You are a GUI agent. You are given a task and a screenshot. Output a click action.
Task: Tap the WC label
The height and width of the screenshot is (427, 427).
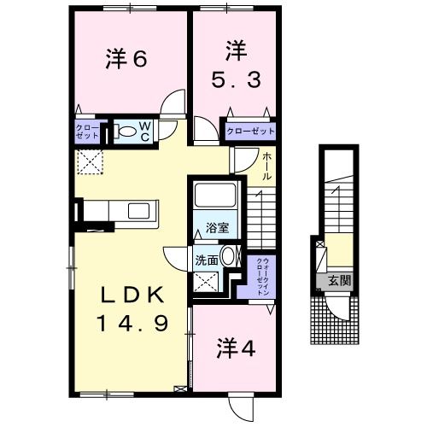pos(145,132)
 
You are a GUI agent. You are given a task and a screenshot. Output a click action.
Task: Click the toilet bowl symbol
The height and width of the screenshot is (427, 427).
pos(126,132)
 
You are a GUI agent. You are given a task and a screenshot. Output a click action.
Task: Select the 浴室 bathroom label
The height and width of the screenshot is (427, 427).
pos(216,228)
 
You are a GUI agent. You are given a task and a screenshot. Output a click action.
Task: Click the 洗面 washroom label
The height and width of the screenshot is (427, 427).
pos(206,260)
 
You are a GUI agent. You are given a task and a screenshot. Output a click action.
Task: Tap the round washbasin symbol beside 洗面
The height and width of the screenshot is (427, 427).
pos(228,257)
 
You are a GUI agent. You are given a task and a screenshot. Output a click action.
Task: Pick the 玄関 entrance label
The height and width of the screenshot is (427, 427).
pos(339,280)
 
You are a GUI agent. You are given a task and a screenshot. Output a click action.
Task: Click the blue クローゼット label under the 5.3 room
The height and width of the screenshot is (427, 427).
pos(249,131)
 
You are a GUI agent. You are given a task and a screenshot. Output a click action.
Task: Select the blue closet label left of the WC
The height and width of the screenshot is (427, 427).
pos(86,132)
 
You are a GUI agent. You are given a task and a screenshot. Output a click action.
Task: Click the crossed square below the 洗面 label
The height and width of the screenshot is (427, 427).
pos(205,282)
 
